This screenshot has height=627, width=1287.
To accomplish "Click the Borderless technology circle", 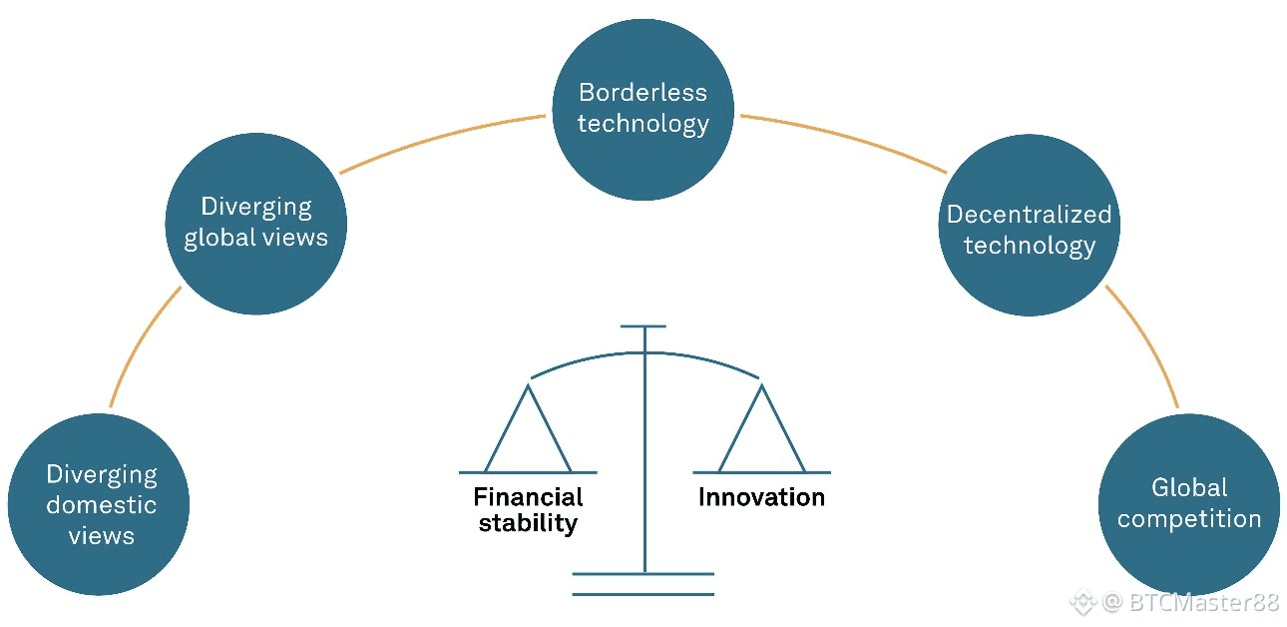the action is (643, 109).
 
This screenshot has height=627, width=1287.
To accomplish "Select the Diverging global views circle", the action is (255, 223).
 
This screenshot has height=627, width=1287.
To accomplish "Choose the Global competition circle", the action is (1188, 503).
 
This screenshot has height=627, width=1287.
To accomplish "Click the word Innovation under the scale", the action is (761, 497).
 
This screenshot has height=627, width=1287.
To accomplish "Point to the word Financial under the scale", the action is (528, 497).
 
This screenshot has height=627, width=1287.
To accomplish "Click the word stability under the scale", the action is (528, 523).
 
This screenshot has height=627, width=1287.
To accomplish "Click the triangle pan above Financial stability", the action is (527, 435).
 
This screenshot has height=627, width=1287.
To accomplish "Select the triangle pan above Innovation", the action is (762, 435).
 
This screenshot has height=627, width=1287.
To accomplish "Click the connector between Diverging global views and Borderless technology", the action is (441, 139).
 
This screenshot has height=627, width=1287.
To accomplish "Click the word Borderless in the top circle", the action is (643, 93).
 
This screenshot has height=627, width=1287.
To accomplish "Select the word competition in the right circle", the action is (1189, 519).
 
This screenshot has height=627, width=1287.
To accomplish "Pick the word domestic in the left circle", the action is (100, 505).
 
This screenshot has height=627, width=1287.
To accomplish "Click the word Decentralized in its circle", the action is (1029, 214).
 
